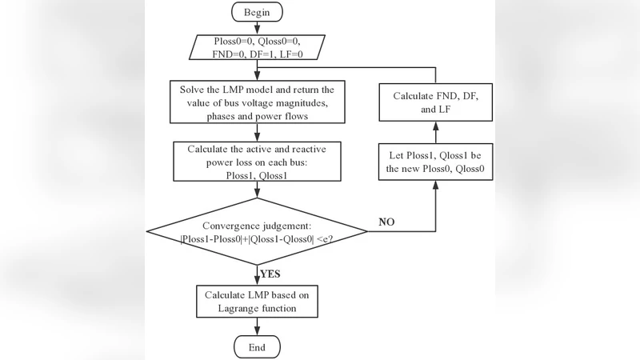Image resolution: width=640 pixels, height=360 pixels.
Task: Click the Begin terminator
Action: tap(255, 12)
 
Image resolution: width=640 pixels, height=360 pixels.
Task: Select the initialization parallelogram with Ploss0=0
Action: tap(255, 46)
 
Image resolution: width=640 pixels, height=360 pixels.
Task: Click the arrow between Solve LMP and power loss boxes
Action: tap(255, 131)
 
